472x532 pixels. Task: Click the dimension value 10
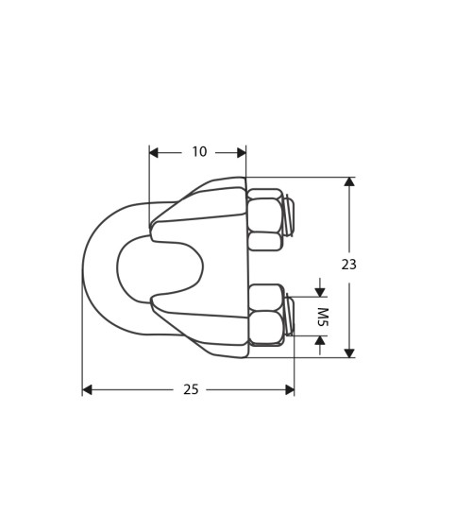point(199,152)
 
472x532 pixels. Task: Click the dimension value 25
point(191,389)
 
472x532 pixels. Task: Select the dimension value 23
point(349,265)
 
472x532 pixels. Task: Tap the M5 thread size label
point(321,317)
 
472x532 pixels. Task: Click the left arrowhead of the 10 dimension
point(154,152)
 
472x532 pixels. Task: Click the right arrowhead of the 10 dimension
point(241,152)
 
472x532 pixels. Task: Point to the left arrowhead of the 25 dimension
point(87,389)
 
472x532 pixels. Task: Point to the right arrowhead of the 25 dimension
point(289,389)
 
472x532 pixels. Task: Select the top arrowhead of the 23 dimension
point(349,181)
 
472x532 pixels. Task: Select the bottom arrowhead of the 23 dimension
point(349,352)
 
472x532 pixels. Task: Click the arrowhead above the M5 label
point(320,292)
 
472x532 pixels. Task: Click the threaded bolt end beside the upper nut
point(289,215)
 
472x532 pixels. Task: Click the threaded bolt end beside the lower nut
point(289,315)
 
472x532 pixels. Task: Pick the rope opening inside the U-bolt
point(159,267)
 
